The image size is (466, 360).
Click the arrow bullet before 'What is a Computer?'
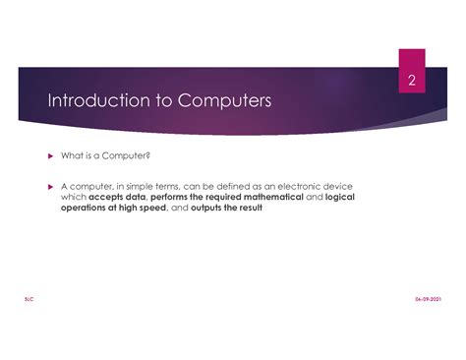click(x=51, y=155)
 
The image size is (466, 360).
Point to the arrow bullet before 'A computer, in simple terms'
click(x=51, y=186)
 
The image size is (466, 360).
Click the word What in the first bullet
click(x=71, y=155)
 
